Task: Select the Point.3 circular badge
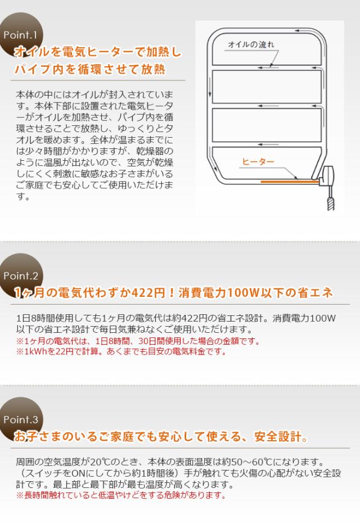pos(21,419)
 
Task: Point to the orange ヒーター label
pos(258,161)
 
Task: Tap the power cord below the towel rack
pos(330,200)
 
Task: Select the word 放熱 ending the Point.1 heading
pos(155,71)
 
